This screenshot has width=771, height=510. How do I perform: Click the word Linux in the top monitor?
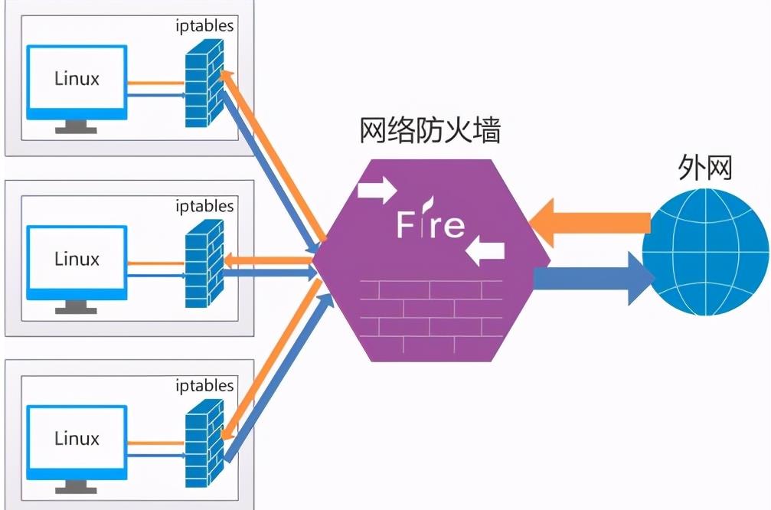pos(77,78)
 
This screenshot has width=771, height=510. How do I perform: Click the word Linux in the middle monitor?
pos(77,259)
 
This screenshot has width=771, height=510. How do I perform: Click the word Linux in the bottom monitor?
pos(77,439)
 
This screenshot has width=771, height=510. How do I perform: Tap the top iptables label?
pos(204,27)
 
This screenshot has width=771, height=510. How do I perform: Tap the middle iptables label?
pos(204,207)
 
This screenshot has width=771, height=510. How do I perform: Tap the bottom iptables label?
pos(204,386)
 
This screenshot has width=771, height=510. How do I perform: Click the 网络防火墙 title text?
pos(430,132)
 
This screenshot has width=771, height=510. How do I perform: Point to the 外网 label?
pos(704,168)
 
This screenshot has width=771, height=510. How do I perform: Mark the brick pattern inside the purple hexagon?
pos(430,313)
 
